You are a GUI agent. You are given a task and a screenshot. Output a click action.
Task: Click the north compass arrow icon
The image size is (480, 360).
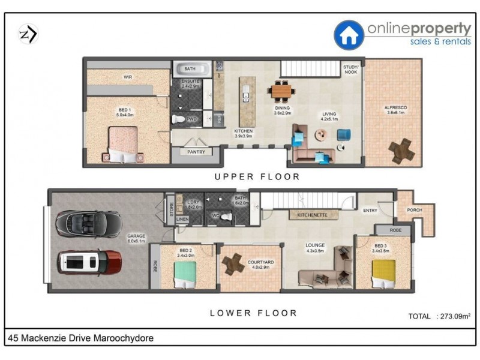tap(28, 34)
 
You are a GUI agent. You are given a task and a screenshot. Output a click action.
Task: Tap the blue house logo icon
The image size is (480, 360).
tap(349, 35)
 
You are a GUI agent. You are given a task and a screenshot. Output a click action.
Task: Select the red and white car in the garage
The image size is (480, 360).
tap(90, 262)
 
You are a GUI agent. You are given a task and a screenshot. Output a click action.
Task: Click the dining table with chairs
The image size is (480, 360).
tap(283, 91)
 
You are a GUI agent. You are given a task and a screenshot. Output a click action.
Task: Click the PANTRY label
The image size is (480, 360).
tap(196, 152)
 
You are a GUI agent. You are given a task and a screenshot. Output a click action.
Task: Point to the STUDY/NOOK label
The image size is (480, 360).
tap(350, 70)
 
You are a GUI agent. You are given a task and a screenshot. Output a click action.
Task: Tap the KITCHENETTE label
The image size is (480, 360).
tap(309, 214)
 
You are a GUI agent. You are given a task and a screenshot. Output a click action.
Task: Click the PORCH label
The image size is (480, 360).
tap(414, 211)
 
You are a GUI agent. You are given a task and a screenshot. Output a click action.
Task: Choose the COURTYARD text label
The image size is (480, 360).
tap(262, 262)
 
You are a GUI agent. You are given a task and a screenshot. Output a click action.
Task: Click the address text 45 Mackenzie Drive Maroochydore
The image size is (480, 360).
tap(81, 338)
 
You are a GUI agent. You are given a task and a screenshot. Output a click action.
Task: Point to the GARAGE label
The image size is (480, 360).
tap(136, 236)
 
